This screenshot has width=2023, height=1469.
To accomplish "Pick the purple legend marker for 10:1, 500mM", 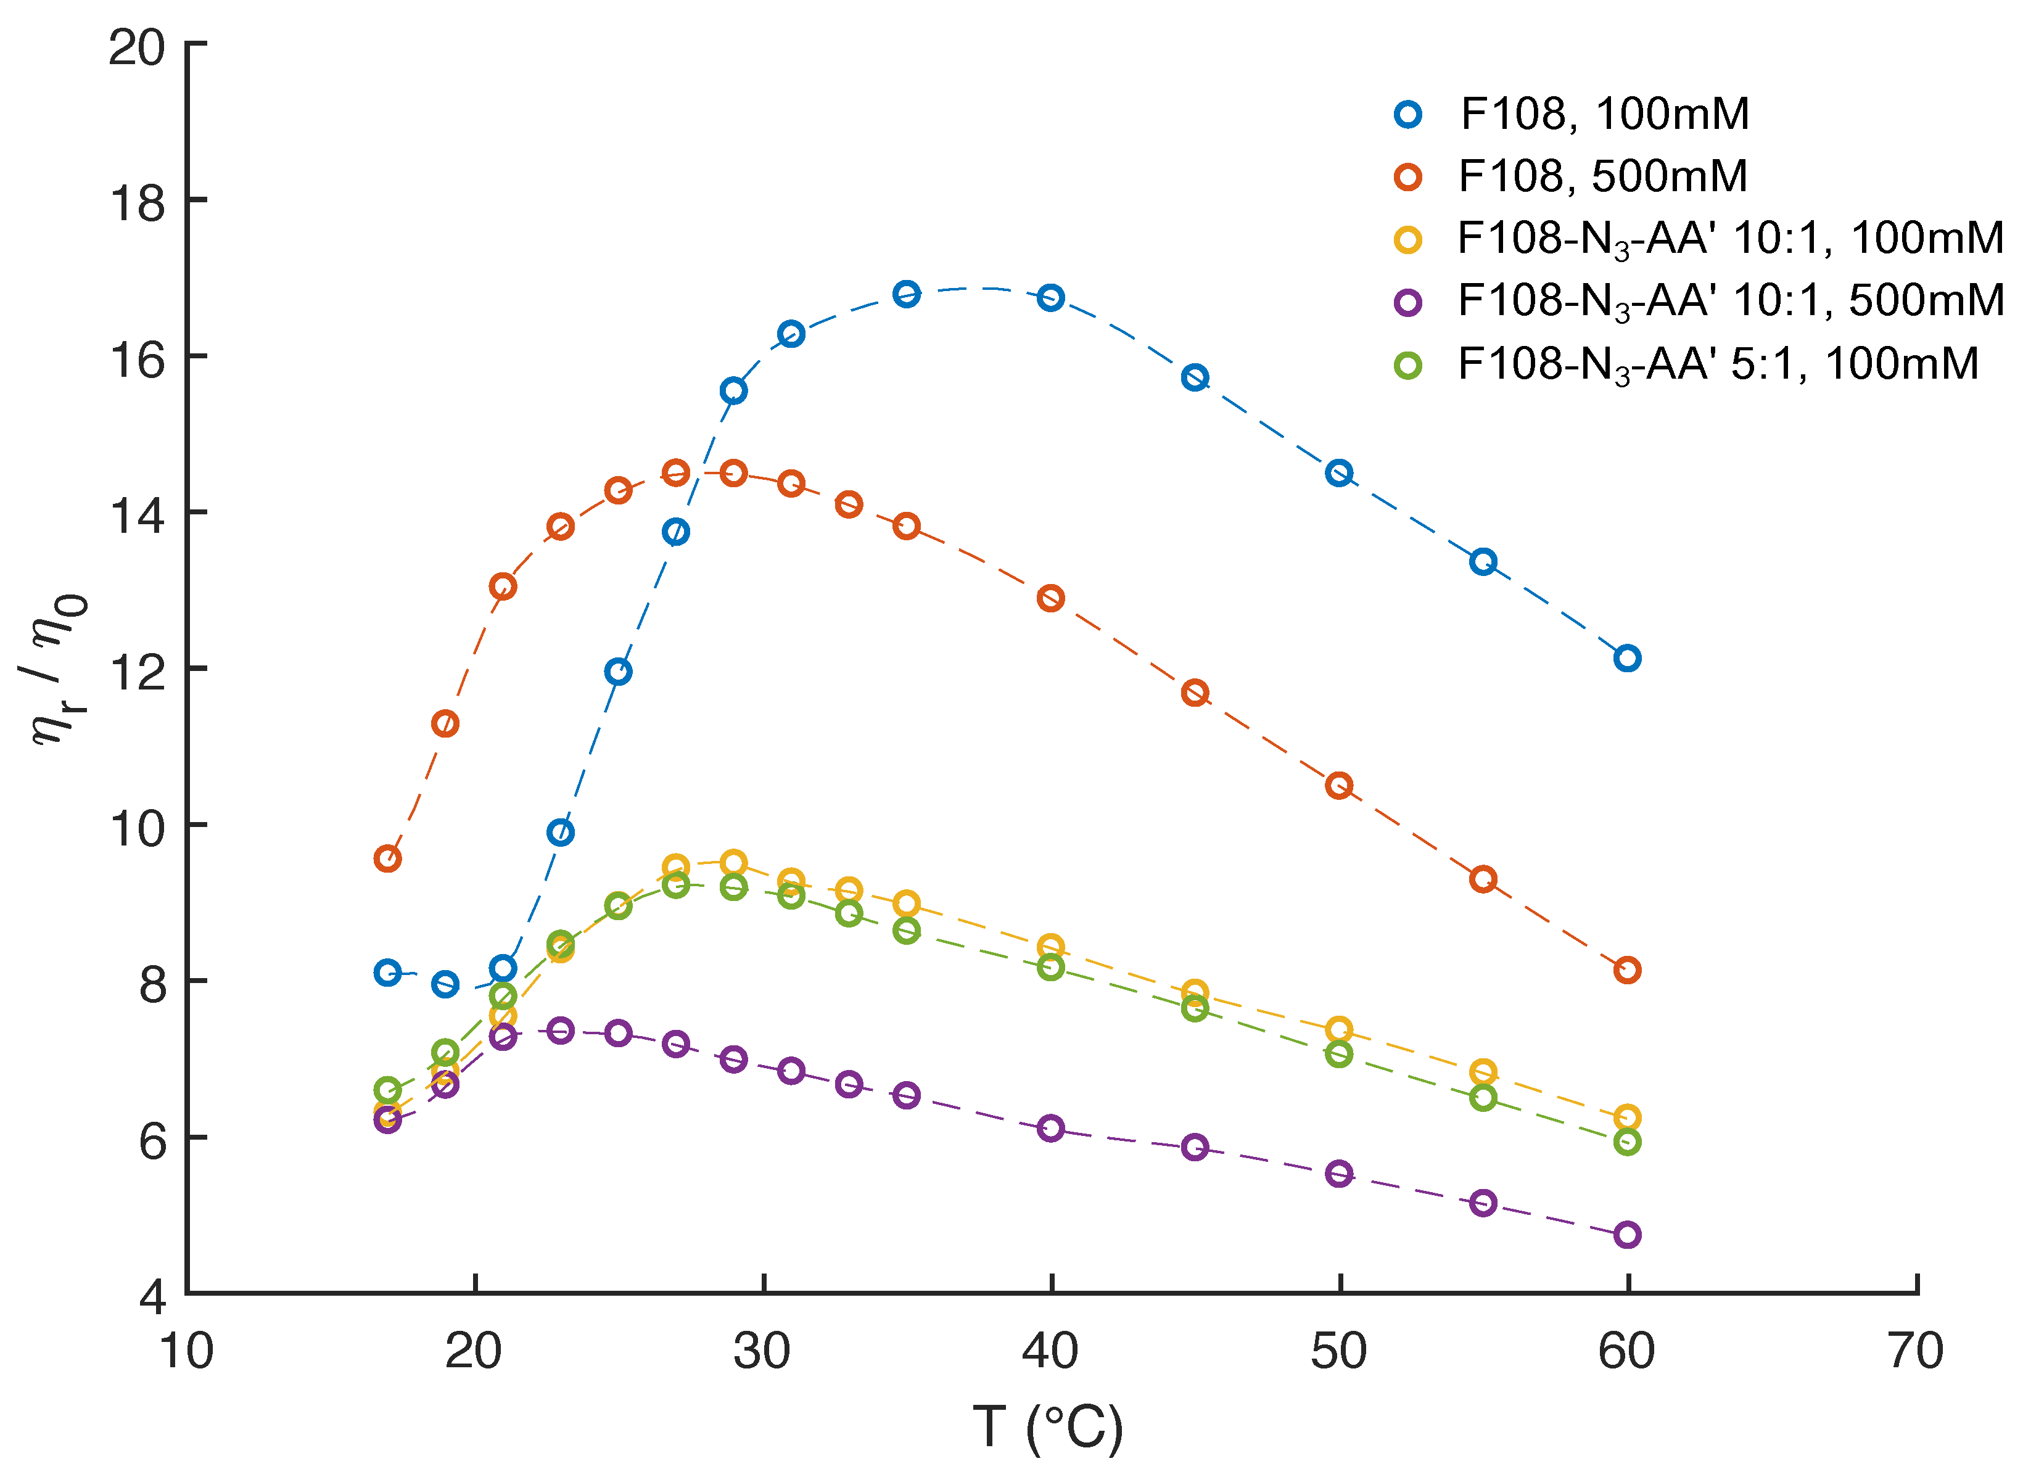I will click(1407, 302).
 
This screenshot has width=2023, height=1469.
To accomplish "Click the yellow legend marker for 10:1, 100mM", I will click(1407, 240).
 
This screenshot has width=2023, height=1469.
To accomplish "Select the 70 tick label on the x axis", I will click(1915, 1351).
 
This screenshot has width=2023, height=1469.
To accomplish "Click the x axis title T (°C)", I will click(1047, 1427).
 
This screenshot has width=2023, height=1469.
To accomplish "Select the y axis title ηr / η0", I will click(56, 669).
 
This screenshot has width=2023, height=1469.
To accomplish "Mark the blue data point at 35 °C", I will click(906, 294).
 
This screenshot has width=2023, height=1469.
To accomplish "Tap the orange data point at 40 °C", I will click(1051, 598).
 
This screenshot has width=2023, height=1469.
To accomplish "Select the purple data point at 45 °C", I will click(1194, 1147).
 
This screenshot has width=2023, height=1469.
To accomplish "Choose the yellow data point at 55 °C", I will click(1483, 1071).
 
